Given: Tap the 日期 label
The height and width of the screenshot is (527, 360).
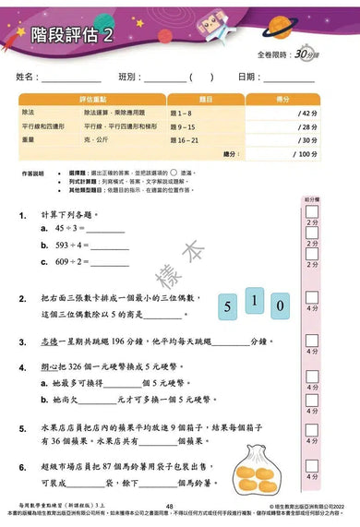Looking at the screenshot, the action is click(x=248, y=76).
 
